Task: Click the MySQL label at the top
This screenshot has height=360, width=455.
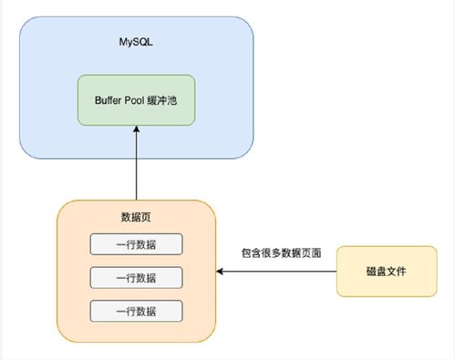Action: coord(137,42)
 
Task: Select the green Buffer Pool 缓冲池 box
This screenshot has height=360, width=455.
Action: coord(137,100)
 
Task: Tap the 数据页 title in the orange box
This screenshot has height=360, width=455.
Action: coord(137,217)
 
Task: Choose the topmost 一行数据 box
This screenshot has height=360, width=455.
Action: coord(137,244)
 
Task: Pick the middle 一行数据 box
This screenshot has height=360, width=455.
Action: coord(137,277)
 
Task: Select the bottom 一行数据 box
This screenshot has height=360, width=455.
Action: coord(137,310)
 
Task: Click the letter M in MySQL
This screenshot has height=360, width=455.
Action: coord(123,42)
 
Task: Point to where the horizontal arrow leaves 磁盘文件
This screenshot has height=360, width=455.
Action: coord(336,271)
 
